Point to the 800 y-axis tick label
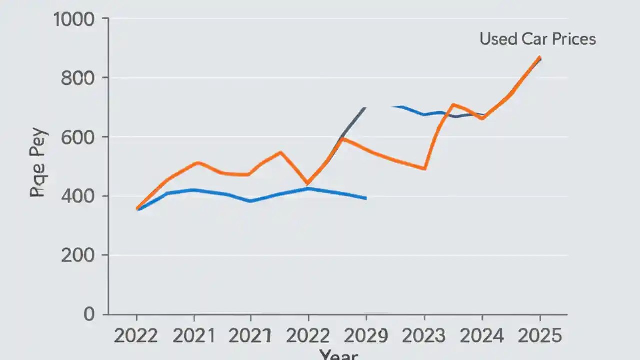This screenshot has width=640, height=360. (x=81, y=79)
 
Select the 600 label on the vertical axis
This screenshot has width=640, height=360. (x=81, y=138)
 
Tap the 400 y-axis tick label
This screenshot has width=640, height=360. (x=81, y=197)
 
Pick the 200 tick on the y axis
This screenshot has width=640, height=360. (x=81, y=256)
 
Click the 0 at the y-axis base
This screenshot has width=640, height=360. (x=89, y=314)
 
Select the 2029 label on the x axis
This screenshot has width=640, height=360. (x=366, y=336)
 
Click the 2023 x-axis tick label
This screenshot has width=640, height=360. (x=424, y=336)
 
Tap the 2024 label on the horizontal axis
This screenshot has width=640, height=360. (x=482, y=336)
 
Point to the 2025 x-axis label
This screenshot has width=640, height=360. (x=539, y=336)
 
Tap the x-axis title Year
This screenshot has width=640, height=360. (x=338, y=355)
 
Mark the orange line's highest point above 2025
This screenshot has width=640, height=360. (x=539, y=57)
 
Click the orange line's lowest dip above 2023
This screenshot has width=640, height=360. (x=424, y=169)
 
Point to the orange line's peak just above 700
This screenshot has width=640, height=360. (x=453, y=104)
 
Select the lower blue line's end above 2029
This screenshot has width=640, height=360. (x=366, y=198)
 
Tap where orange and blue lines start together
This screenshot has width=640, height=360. (x=137, y=208)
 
